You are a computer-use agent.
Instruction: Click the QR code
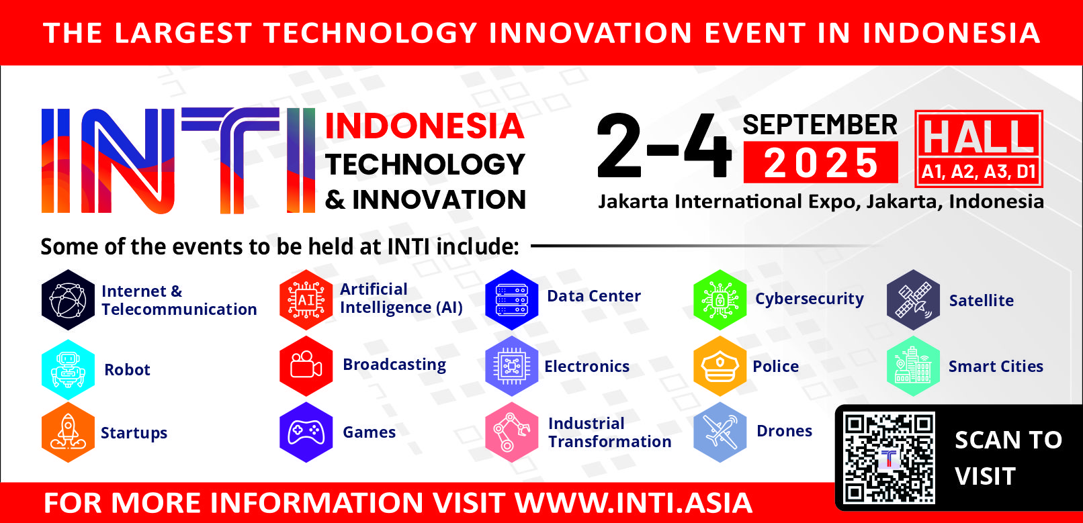click(889, 459)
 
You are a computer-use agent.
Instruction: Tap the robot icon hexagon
click(68, 369)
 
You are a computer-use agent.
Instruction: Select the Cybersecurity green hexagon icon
click(720, 299)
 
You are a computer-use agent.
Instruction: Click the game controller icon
click(306, 432)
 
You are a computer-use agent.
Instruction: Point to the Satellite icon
click(913, 299)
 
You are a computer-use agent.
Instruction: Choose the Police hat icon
click(720, 367)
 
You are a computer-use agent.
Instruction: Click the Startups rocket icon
click(68, 432)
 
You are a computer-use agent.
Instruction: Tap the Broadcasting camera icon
click(306, 367)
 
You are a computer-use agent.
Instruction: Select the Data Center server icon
click(512, 299)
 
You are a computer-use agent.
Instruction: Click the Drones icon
click(720, 432)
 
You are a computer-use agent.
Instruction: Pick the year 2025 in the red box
click(821, 163)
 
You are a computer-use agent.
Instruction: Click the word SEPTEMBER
click(820, 125)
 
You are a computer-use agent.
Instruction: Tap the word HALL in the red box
click(979, 137)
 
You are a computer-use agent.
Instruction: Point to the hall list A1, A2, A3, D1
click(979, 172)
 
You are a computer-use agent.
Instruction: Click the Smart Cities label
click(996, 367)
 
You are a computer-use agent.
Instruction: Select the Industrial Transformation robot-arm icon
click(512, 432)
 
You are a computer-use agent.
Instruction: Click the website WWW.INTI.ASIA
click(634, 503)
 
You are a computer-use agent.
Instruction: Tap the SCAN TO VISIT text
click(1008, 459)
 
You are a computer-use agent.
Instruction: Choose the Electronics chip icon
click(512, 367)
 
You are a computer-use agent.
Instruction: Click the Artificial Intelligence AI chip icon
click(306, 299)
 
